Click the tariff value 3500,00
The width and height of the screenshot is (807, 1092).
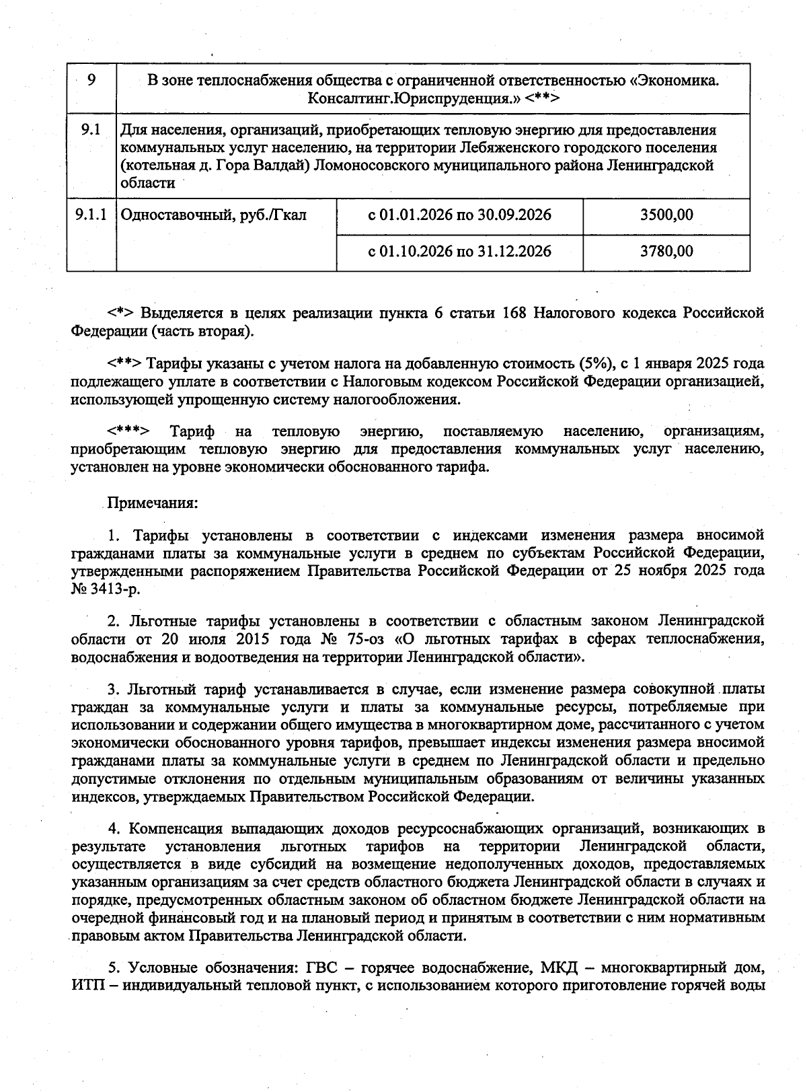point(666,215)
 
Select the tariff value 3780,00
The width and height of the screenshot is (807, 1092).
point(666,252)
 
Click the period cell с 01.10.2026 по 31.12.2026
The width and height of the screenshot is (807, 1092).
point(459,252)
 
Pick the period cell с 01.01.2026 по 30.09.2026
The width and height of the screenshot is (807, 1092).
point(459,215)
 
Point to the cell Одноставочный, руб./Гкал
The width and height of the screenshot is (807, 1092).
point(213,215)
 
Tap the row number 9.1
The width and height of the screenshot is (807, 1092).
point(91,130)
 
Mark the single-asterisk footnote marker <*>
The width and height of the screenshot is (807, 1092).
point(122,314)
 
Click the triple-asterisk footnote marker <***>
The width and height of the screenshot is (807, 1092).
point(128,431)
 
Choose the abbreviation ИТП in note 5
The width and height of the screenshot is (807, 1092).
point(86,986)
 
